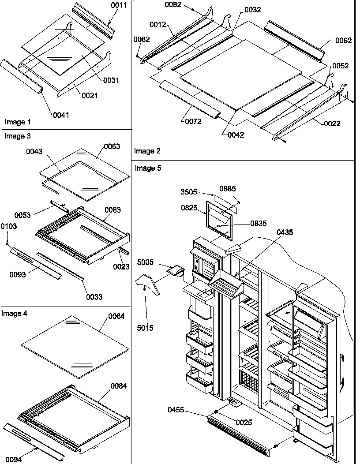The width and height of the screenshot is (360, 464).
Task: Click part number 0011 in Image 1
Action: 119,6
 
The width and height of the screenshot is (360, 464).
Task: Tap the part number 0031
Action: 111,80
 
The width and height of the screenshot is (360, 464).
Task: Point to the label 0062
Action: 344,41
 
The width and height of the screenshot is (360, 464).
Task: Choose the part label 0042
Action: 236,135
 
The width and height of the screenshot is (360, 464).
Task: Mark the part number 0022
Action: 332,124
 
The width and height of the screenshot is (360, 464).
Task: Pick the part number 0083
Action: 112,210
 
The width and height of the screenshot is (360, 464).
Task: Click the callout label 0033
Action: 94,297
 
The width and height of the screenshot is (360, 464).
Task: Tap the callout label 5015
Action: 145,328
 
